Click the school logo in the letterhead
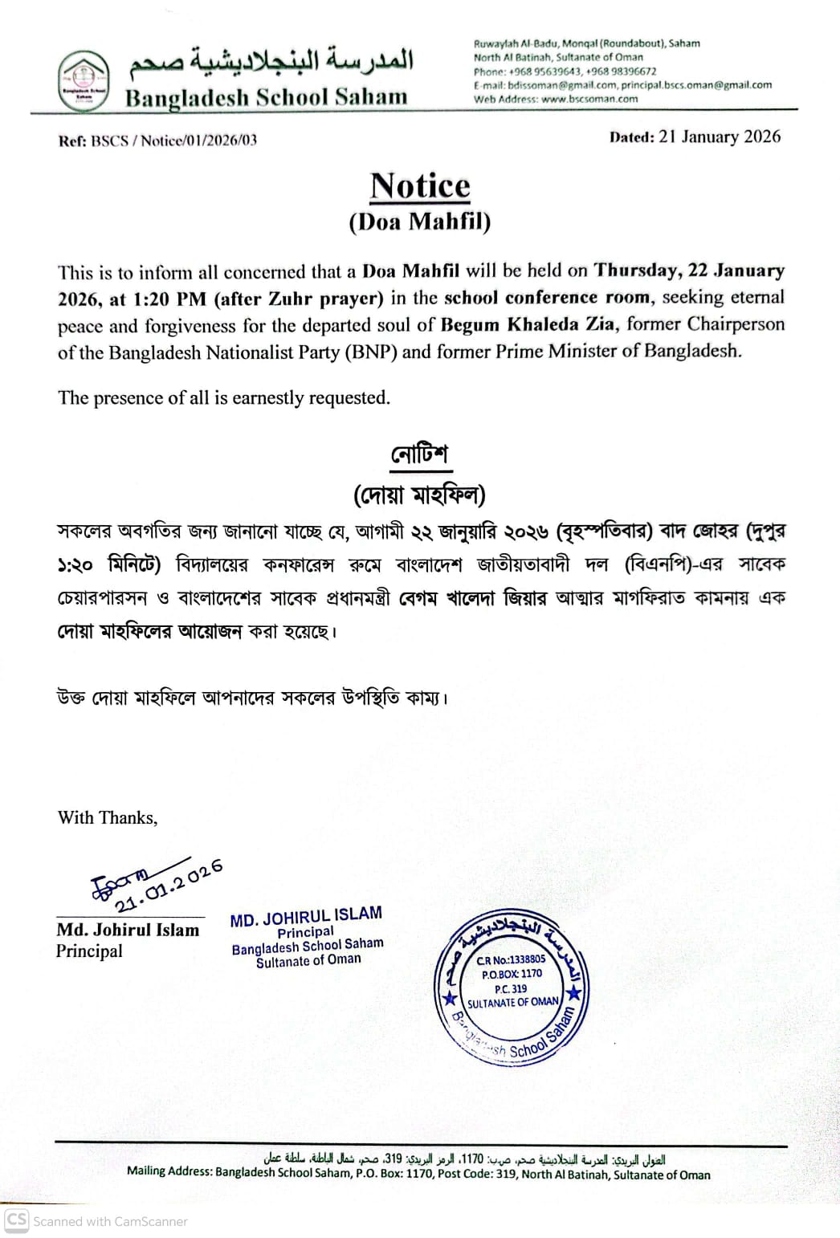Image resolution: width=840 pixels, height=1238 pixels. pyautogui.click(x=84, y=80)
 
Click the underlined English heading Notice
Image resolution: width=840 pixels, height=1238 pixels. pyautogui.click(x=420, y=185)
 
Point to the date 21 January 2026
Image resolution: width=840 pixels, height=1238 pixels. pyautogui.click(x=720, y=136)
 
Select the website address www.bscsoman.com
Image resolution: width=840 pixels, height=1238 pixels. pyautogui.click(x=589, y=100)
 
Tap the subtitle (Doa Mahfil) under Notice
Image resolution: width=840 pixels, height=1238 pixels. pyautogui.click(x=419, y=222)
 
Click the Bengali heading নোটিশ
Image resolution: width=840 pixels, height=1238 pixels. pyautogui.click(x=419, y=454)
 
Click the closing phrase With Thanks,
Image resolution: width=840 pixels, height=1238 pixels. pyautogui.click(x=108, y=817)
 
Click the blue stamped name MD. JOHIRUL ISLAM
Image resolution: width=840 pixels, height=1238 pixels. pyautogui.click(x=306, y=916)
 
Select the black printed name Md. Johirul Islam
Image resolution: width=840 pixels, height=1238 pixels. pyautogui.click(x=128, y=930)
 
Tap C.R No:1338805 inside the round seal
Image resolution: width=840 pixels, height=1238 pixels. pyautogui.click(x=511, y=959)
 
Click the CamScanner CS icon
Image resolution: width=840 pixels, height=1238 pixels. pyautogui.click(x=17, y=1220)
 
